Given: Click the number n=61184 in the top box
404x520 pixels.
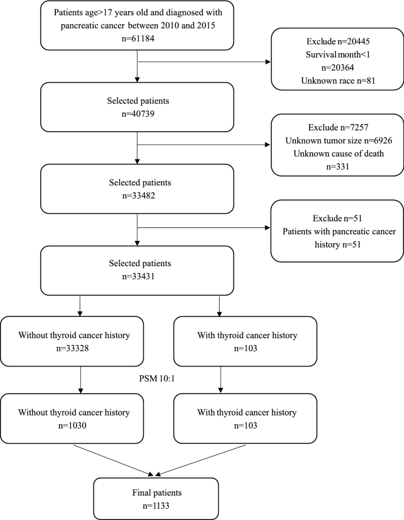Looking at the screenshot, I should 137,40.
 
